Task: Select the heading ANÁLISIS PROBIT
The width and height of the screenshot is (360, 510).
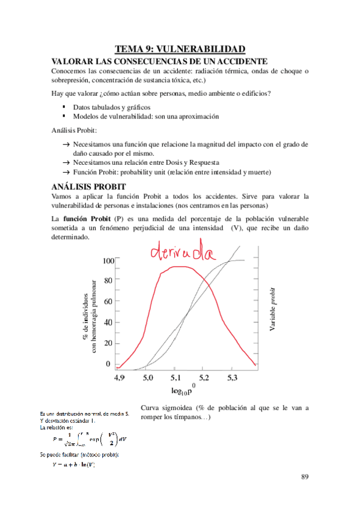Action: (88, 186)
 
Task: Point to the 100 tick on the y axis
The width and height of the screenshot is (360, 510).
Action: (108, 260)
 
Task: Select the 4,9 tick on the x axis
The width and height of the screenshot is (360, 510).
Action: (120, 378)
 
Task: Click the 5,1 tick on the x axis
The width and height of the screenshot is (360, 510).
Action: (175, 378)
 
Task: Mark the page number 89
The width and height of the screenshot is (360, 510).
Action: (305, 477)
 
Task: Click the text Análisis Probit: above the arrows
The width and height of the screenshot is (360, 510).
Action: (74, 130)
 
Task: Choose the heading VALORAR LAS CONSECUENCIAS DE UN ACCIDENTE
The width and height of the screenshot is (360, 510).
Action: (159, 61)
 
